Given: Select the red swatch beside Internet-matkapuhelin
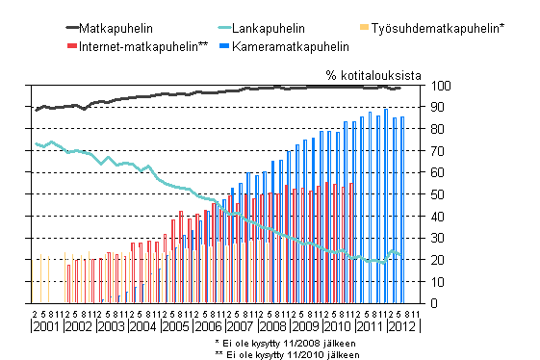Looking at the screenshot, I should (71, 45).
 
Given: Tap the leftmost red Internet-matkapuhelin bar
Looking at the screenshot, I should (68, 283).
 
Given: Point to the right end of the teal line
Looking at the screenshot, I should (401, 255).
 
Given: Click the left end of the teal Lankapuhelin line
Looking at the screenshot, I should (36, 143).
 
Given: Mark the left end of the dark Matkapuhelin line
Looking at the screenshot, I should (36, 110).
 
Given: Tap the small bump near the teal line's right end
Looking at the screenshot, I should (391, 252).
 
